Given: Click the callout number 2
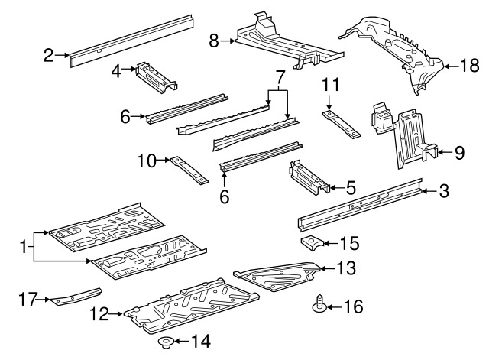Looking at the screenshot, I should point(48,54).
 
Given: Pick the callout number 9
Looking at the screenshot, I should point(458,152).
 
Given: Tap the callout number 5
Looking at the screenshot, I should point(351,186).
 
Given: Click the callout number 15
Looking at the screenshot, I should point(348,244).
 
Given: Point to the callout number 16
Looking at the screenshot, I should point(353,307).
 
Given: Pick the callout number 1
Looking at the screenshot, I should point(23,247).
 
